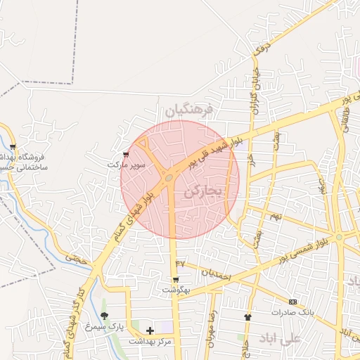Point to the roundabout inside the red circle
tap(169, 179)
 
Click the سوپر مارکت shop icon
tap(126, 154)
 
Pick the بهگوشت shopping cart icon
tap(175, 279)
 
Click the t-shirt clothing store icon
tap(247, 317)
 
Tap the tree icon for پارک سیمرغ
tap(105, 316)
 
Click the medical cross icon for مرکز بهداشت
tap(150, 330)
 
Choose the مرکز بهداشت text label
tap(150, 341)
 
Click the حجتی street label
tap(78, 258)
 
